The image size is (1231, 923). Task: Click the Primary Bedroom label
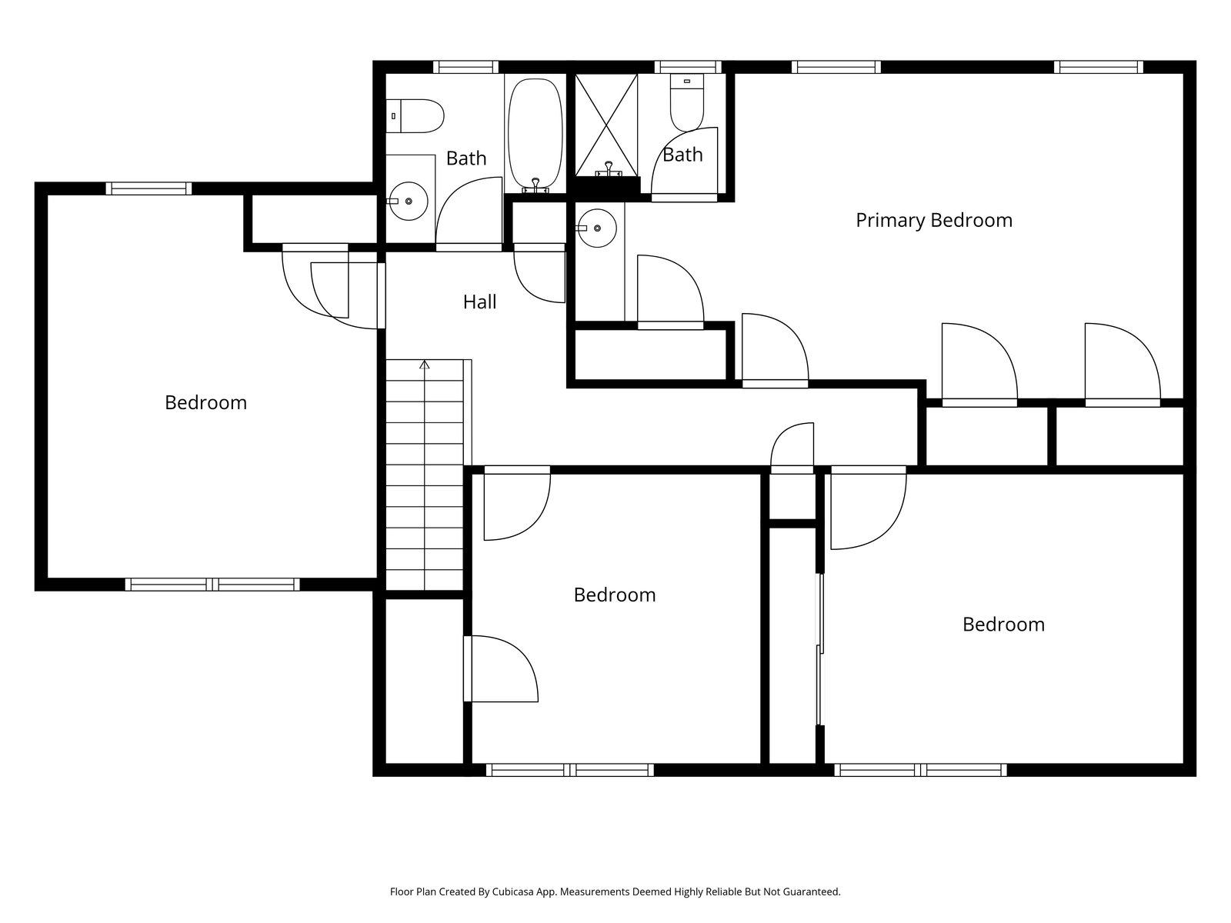934,221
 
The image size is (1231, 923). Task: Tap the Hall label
479,302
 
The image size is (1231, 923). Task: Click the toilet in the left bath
415,115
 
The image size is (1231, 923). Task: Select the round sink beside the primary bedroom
596,228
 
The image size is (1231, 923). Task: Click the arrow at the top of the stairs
425,365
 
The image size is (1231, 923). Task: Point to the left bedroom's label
205,402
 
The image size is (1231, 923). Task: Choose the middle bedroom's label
615,595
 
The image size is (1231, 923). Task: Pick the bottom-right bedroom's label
1003,624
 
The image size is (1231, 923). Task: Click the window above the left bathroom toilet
465,67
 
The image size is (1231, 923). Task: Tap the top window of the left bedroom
148,188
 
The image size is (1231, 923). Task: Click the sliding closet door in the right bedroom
820,650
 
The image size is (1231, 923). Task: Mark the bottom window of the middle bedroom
570,769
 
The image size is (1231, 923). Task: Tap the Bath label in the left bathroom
466,158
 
